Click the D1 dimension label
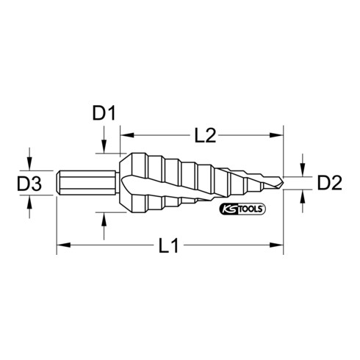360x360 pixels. (105, 113)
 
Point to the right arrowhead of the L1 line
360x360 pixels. (281, 243)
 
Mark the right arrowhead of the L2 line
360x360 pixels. (281, 134)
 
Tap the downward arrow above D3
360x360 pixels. (29, 162)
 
